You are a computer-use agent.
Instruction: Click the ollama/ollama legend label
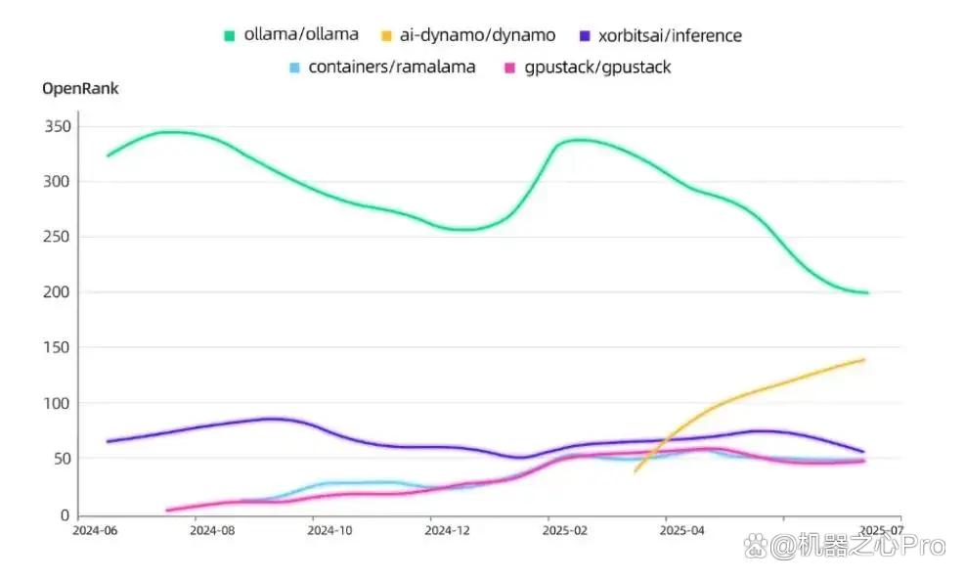(x=301, y=34)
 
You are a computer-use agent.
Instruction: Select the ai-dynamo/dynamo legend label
(x=477, y=35)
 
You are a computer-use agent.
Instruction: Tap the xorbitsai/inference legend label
(x=670, y=35)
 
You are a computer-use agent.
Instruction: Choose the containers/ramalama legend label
(x=391, y=67)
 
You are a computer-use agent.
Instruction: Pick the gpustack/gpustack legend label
(x=597, y=67)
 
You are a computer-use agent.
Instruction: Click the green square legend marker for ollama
(x=229, y=36)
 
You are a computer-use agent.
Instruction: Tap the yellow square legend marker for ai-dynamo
(x=386, y=36)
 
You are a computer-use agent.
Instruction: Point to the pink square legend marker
(x=509, y=67)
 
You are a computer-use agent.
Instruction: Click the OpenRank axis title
(x=80, y=89)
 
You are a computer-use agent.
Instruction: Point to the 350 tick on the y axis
(x=58, y=126)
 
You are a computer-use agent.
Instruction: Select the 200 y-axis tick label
(x=57, y=291)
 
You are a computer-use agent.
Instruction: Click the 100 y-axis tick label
(x=57, y=403)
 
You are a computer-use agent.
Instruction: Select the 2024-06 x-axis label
(x=95, y=531)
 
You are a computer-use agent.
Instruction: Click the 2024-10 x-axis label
(x=329, y=531)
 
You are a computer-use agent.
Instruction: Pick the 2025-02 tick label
(x=565, y=531)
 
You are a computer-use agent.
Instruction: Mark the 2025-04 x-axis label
(x=681, y=531)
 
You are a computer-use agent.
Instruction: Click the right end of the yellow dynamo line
(x=864, y=360)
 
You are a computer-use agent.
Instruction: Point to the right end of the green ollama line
(x=867, y=293)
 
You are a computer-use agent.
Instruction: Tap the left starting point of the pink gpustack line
(x=167, y=511)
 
